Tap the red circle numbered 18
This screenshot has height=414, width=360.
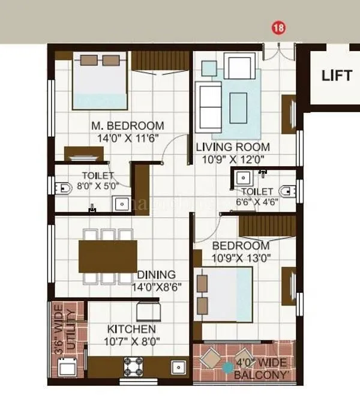point(278,28)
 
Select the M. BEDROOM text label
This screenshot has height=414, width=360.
point(127,126)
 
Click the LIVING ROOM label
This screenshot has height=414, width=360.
point(233,147)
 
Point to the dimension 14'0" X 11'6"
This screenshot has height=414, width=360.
point(127,137)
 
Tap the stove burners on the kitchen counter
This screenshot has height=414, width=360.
point(131,365)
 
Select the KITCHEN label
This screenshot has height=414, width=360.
point(131,329)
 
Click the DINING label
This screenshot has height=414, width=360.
point(156,275)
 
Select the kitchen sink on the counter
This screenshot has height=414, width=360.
point(177,365)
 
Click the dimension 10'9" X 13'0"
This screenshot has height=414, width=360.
point(241,258)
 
